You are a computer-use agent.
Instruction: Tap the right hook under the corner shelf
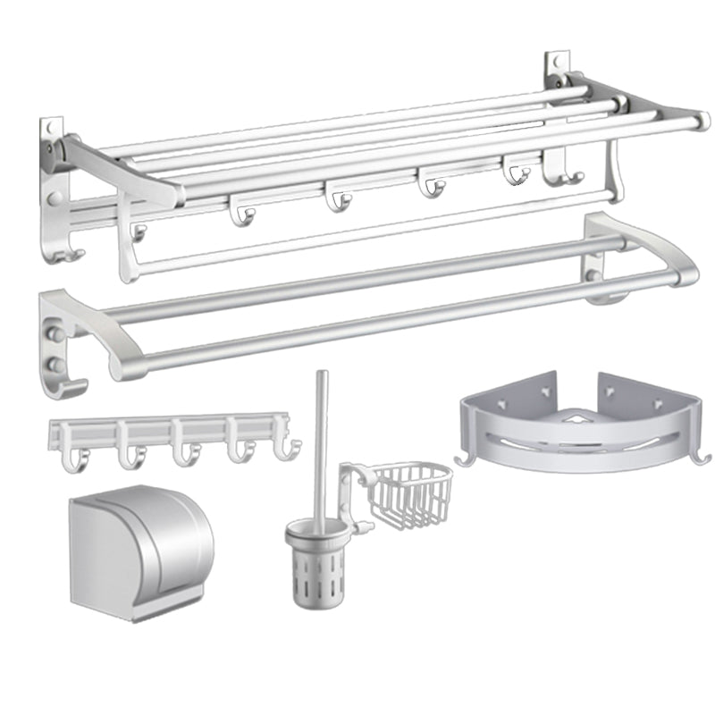tap(702, 457)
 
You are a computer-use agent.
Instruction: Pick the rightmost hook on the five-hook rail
tap(284, 451)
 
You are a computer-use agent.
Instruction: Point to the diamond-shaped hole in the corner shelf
tap(577, 418)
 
